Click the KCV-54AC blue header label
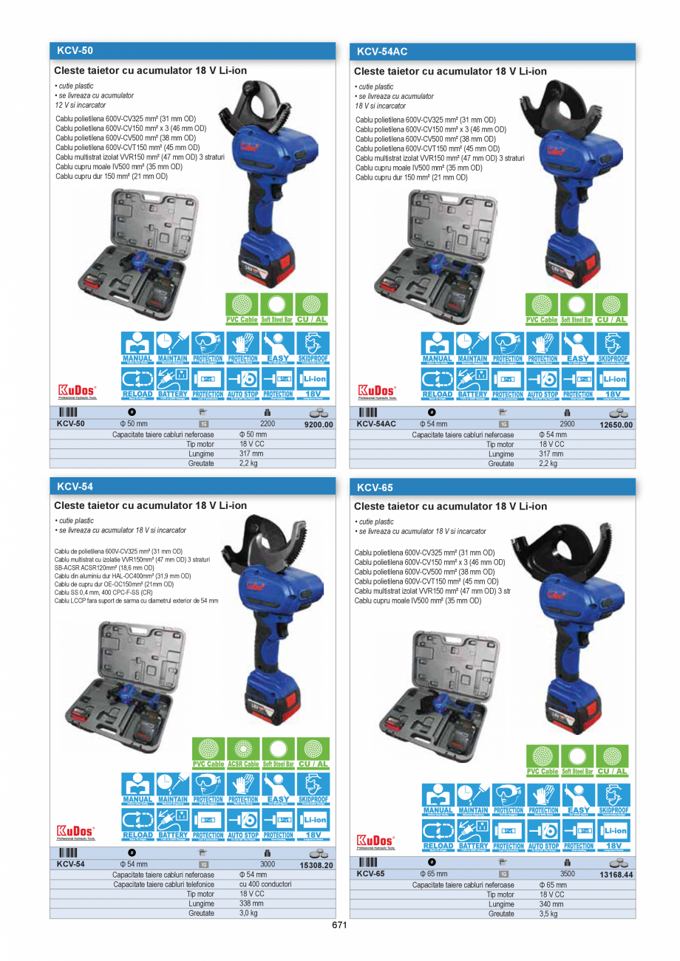[x=382, y=52]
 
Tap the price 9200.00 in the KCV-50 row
[x=319, y=425]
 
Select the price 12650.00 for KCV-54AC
[x=616, y=425]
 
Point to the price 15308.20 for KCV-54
[x=316, y=865]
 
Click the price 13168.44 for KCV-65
[x=616, y=874]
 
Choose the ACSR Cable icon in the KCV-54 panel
[x=243, y=753]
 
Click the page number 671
[x=339, y=926]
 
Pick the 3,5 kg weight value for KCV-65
[x=548, y=914]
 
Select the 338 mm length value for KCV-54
[x=251, y=903]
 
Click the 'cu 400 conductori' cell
[x=265, y=884]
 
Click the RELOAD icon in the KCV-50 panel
[x=137, y=383]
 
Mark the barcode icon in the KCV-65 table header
[x=367, y=862]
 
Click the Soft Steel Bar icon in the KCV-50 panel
[x=278, y=309]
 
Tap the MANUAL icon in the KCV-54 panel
[x=137, y=788]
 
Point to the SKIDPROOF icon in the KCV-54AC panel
[x=613, y=347]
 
